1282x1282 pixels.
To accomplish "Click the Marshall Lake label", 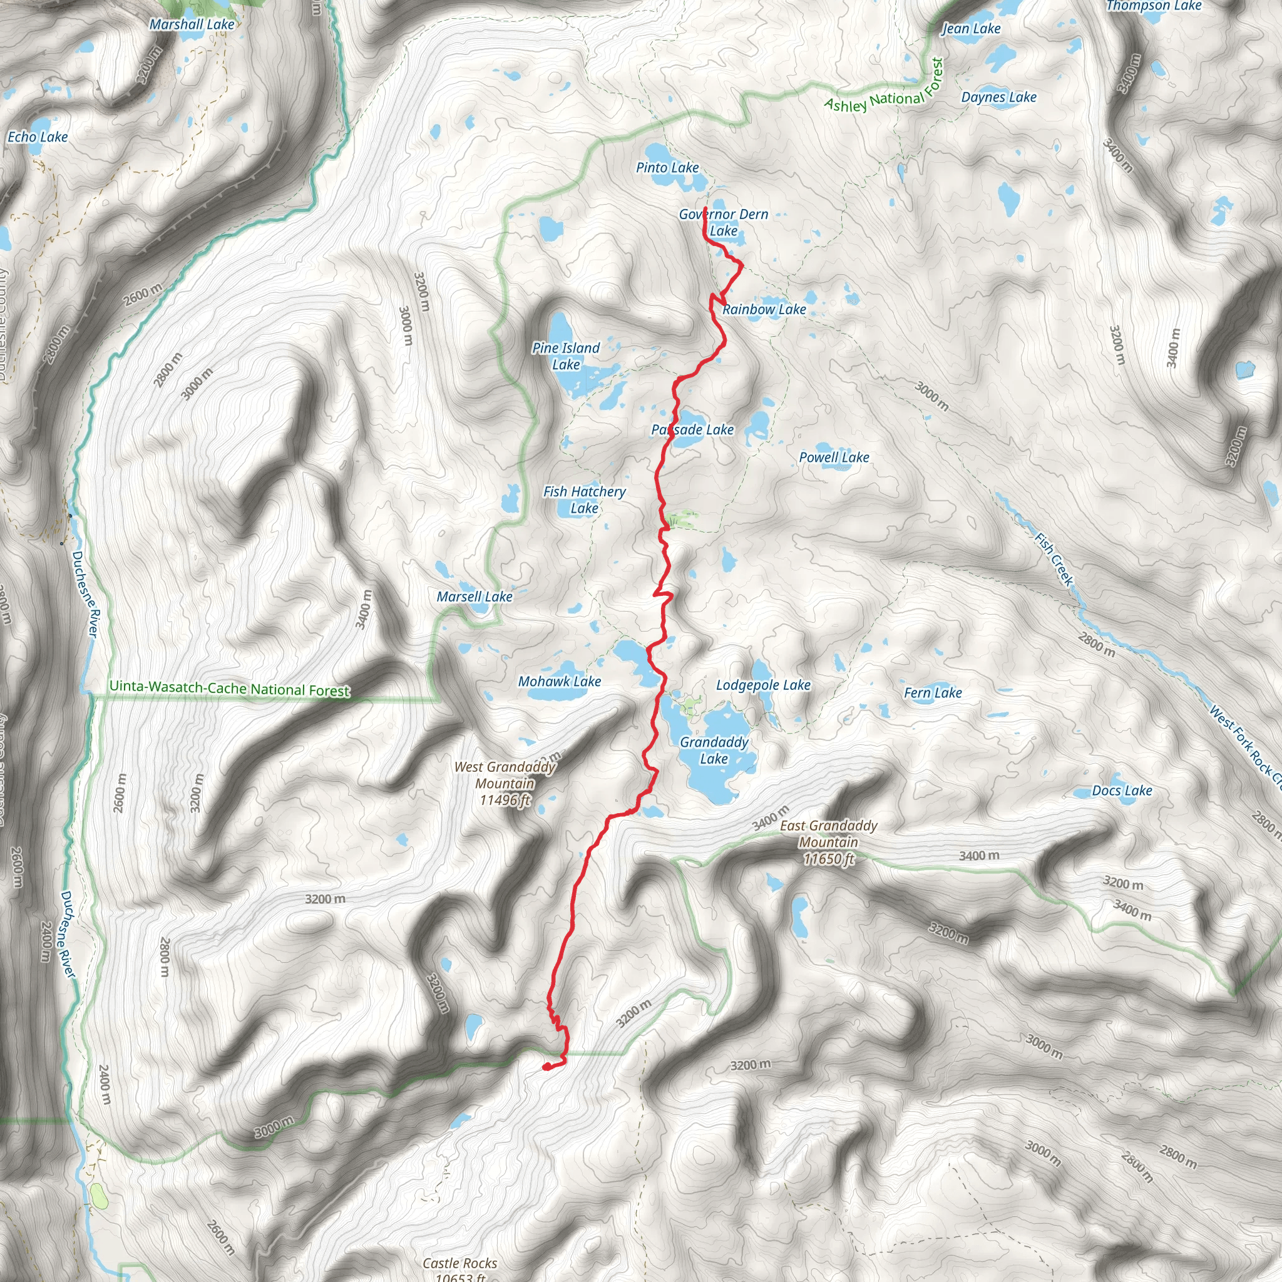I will pos(192,24).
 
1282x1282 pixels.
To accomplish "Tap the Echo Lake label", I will pos(38,137).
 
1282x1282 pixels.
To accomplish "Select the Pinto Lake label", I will pos(667,168).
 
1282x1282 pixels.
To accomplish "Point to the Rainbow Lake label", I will pos(764,309).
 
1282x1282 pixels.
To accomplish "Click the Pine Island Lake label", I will pos(566,356).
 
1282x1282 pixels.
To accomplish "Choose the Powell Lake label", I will pos(833,457).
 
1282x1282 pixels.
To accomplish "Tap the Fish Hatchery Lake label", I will pos(584,500).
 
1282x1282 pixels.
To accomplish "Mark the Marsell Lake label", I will pos(474,597).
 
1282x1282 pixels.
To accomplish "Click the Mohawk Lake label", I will pos(560,682).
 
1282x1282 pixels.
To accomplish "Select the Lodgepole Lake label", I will pos(763,685).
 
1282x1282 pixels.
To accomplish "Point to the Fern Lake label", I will pos(932,693).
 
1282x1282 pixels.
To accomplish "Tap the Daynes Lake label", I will pos(998,98).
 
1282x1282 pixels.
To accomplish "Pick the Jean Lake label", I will pos(972,29).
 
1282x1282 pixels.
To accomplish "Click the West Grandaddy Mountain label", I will pos(505,783).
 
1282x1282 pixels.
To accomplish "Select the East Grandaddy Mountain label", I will pos(828,842).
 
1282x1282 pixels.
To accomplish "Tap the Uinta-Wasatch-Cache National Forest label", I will pos(229,688).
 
